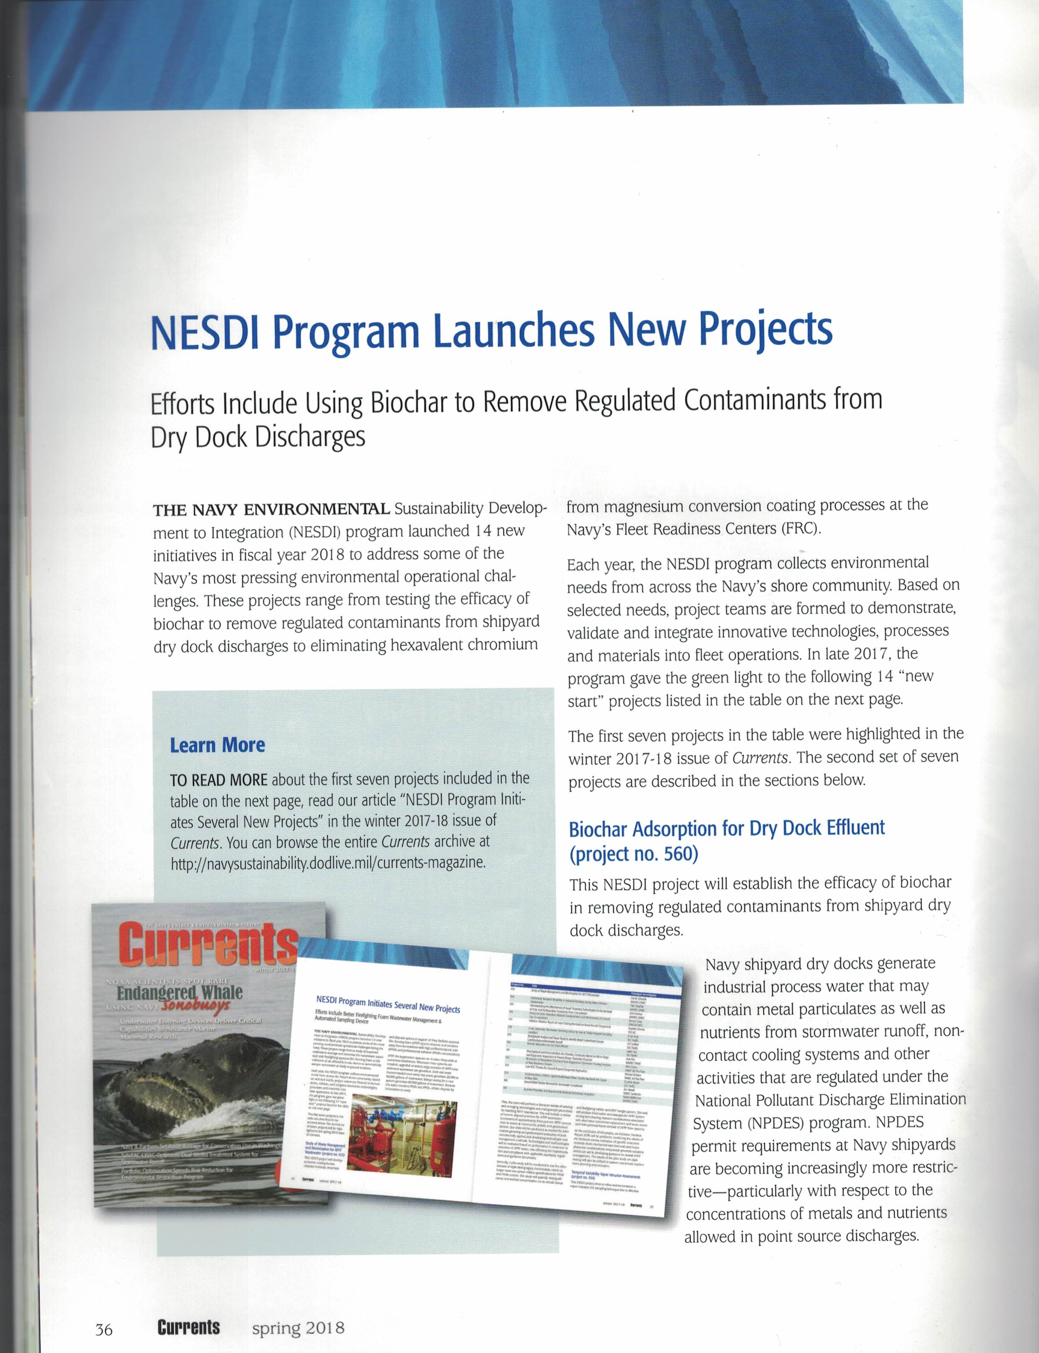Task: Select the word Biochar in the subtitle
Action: [x=407, y=403]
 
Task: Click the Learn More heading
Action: [x=217, y=745]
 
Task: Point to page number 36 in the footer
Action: [x=104, y=1328]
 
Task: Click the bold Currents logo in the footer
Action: [x=189, y=1327]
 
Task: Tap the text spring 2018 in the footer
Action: [x=298, y=1327]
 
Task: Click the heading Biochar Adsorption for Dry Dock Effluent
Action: [x=727, y=828]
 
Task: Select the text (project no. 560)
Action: [x=633, y=854]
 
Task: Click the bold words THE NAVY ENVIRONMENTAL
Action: [x=271, y=510]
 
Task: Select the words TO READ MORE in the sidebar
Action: [x=218, y=780]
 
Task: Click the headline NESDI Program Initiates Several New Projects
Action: [x=388, y=1004]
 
